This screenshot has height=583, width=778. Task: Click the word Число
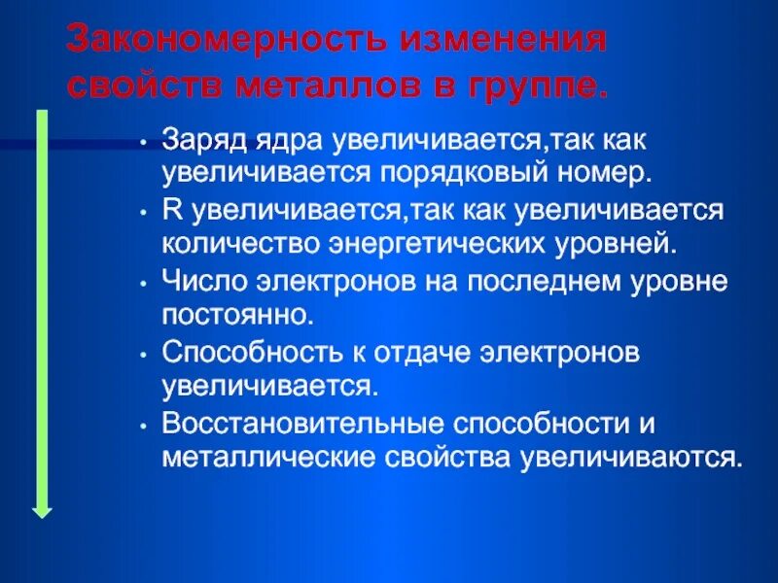(x=200, y=281)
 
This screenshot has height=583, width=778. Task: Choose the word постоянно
(x=238, y=315)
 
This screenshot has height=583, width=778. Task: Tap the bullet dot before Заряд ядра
(x=143, y=141)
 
